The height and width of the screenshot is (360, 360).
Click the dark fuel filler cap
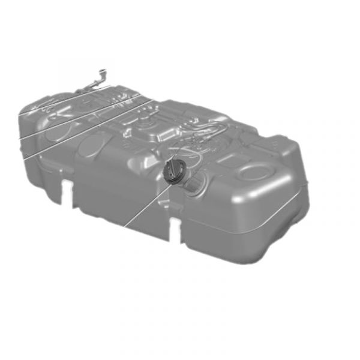(173, 171)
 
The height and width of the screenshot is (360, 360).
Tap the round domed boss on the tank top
(147, 126)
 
